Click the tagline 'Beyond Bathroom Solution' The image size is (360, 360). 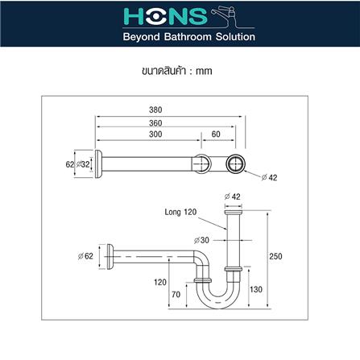[180, 37]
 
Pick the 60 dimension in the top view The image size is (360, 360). [215, 134]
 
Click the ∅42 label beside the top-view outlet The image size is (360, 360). [271, 177]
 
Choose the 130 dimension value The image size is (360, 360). [255, 289]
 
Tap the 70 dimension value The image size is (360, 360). [176, 295]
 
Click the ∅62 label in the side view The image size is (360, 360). [86, 256]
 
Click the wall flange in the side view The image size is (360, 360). [107, 255]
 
